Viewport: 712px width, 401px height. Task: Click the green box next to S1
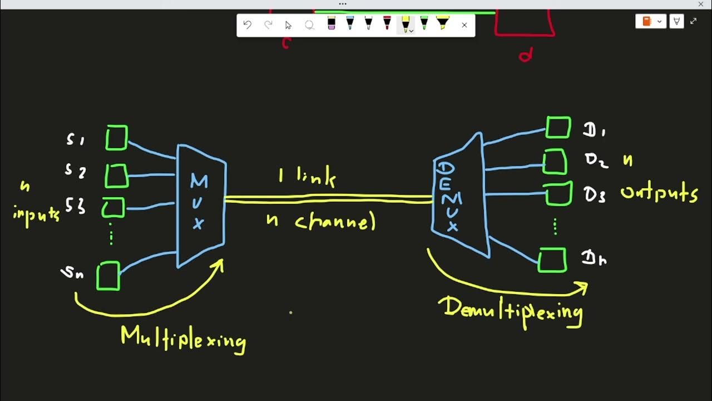[116, 138]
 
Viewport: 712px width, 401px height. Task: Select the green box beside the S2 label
[116, 175]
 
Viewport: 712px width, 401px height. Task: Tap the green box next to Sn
[108, 276]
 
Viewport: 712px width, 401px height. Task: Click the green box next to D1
[558, 128]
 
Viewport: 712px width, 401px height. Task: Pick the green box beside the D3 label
[558, 194]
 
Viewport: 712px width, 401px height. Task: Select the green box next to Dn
[552, 260]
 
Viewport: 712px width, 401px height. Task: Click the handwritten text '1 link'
[307, 178]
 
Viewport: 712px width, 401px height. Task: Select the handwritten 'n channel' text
[321, 221]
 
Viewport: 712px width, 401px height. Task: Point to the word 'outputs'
[659, 194]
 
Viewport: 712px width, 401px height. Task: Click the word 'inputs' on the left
[36, 214]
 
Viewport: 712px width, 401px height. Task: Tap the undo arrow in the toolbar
[248, 25]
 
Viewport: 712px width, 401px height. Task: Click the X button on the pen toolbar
[464, 25]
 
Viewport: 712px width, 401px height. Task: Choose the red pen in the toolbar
[387, 23]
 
